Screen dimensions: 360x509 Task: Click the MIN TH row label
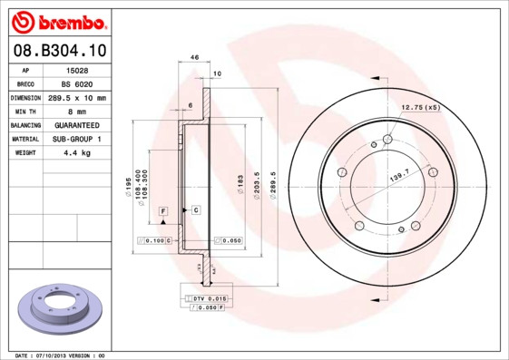pos(25,111)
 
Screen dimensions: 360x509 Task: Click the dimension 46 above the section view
pos(194,57)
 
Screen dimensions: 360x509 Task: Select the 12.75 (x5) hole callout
pos(420,108)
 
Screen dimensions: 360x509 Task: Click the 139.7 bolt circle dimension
pos(399,172)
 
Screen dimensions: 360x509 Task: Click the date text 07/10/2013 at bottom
pos(64,355)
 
